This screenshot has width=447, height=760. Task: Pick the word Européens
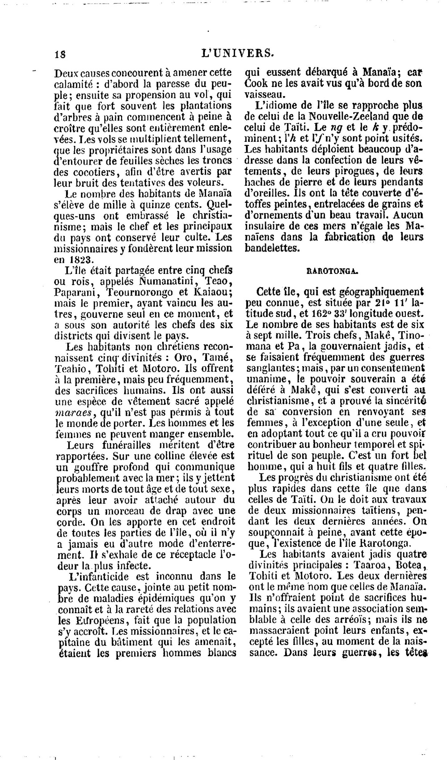coord(94,620)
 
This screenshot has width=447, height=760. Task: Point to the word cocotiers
coord(84,171)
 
